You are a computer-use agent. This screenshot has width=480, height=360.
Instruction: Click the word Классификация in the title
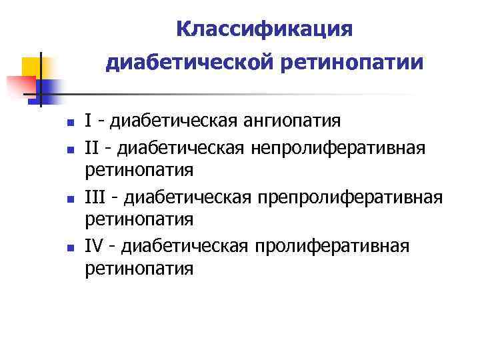coord(264,29)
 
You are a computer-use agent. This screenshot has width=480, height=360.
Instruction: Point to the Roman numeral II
coord(92,145)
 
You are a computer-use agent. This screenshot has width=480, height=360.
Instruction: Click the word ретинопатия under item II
coord(139,170)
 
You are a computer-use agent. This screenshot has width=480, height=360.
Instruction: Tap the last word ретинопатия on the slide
coord(139,269)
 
